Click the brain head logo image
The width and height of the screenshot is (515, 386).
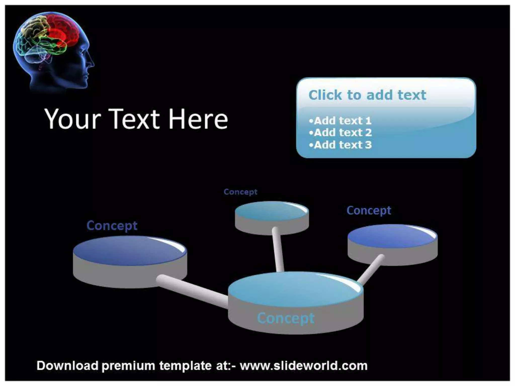53,50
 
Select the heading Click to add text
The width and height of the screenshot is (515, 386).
367,95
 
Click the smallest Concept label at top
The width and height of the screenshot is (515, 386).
240,192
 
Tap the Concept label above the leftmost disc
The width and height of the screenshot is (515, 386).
112,225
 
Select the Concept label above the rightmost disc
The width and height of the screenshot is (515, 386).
369,210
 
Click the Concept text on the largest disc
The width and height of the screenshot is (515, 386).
286,318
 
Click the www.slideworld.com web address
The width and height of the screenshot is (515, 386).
304,366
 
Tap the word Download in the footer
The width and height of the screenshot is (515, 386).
67,366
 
